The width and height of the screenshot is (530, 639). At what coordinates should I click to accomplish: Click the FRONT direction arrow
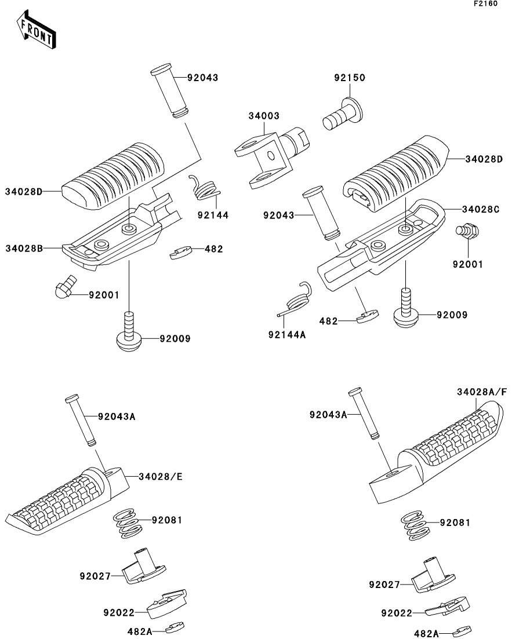[36, 30]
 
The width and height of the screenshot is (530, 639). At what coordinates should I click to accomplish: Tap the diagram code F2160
[485, 3]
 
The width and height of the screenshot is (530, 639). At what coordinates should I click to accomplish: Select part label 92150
[350, 78]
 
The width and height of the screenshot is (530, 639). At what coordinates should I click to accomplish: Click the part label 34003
[264, 116]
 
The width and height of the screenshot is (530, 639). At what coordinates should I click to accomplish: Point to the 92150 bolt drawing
[342, 114]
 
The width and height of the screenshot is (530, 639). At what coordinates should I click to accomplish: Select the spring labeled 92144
[205, 188]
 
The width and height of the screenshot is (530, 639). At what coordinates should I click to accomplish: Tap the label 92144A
[287, 335]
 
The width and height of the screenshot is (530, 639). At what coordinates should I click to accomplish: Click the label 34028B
[24, 248]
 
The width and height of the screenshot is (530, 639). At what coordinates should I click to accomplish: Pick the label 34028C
[481, 209]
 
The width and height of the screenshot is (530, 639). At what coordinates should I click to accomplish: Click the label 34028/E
[161, 476]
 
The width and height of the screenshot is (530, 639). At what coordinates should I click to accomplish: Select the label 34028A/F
[482, 392]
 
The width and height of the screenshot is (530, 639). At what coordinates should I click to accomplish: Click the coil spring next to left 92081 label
[128, 523]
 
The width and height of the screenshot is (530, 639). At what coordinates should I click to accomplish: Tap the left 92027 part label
[95, 576]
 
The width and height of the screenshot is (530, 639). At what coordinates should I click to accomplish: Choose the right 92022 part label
[397, 613]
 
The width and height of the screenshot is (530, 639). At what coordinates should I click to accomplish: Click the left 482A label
[140, 631]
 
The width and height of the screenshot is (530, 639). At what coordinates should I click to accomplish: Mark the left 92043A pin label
[117, 417]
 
